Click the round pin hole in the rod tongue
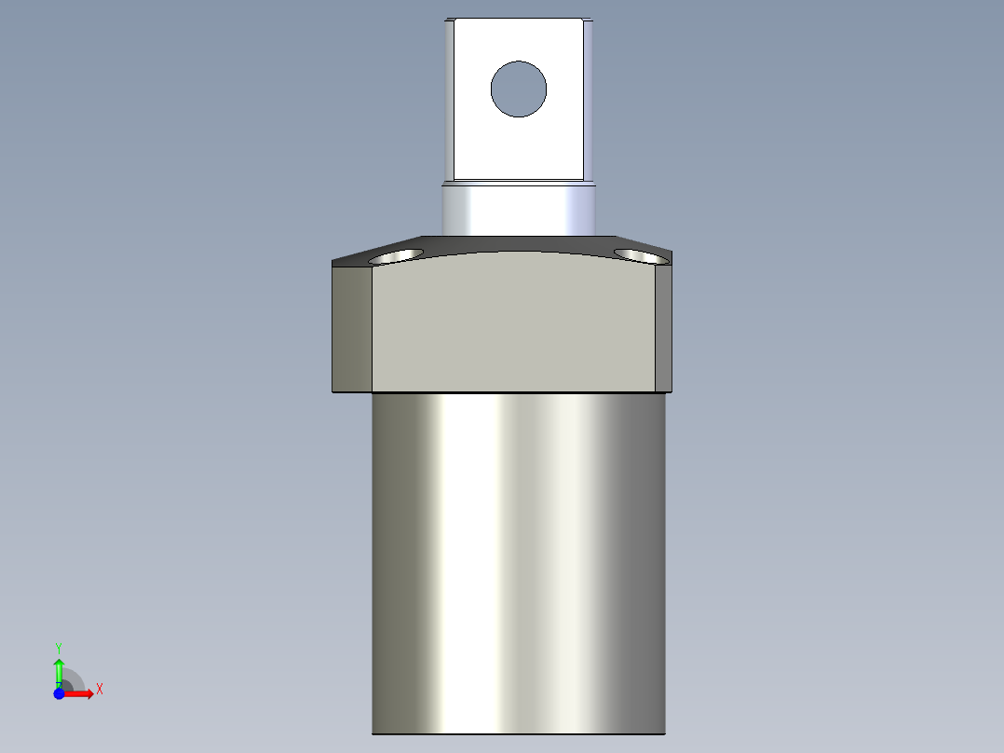pos(519,89)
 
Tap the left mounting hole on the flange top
pos(397,255)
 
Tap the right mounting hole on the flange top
pos(640,254)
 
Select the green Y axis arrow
pos(59,669)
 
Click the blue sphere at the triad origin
pos(59,693)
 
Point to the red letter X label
pos(99,690)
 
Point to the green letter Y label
pos(59,647)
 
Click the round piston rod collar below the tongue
pos(518,210)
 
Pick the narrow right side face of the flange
pos(663,326)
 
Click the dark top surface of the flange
pos(518,243)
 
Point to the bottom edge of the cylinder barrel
pos(518,732)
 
